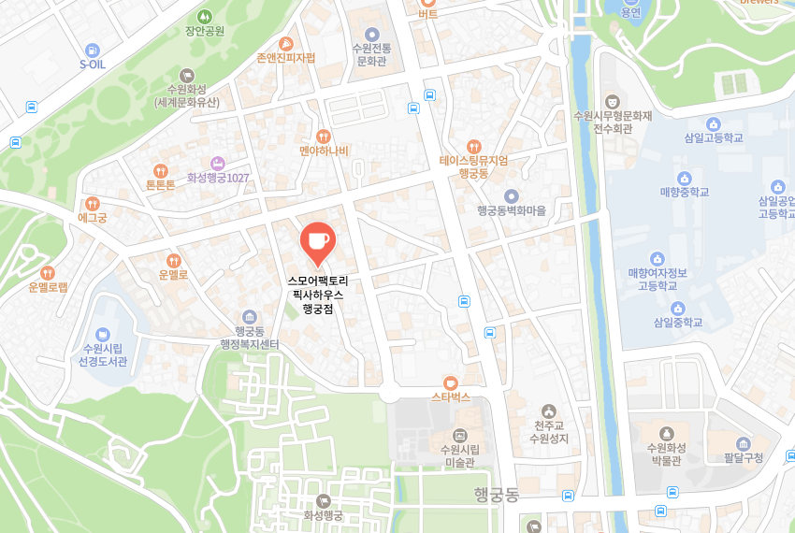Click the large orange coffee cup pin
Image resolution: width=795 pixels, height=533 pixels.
pos(316,240)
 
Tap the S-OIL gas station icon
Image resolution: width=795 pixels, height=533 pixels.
pos(92,50)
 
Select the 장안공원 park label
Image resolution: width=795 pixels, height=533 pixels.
pos(205,31)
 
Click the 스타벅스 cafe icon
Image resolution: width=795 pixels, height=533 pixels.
pos(450,382)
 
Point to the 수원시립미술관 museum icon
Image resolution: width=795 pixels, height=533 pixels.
pos(459,435)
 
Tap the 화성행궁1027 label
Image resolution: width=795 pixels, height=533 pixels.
pos(225,178)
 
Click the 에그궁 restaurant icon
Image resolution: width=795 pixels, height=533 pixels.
pos(92,203)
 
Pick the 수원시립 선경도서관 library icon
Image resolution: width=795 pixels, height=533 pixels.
pos(103,334)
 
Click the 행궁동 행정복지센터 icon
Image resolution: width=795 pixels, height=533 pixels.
pos(249,316)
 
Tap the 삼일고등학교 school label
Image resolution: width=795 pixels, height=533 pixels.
pos(713,137)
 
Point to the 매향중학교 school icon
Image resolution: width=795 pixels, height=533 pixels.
pos(684,178)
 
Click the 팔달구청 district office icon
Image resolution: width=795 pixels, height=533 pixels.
pos(744,443)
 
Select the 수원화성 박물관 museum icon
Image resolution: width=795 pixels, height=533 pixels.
pos(666,433)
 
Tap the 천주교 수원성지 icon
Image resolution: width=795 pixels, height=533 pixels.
pos(549,411)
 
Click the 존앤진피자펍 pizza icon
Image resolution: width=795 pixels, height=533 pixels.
pos(285,43)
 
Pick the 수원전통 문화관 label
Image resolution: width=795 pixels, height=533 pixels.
pos(371,53)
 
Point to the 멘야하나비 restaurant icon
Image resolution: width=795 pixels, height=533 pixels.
pos(324,137)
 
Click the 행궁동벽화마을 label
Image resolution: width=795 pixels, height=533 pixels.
pos(511,211)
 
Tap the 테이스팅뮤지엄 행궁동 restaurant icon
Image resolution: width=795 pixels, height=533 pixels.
pos(474,146)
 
